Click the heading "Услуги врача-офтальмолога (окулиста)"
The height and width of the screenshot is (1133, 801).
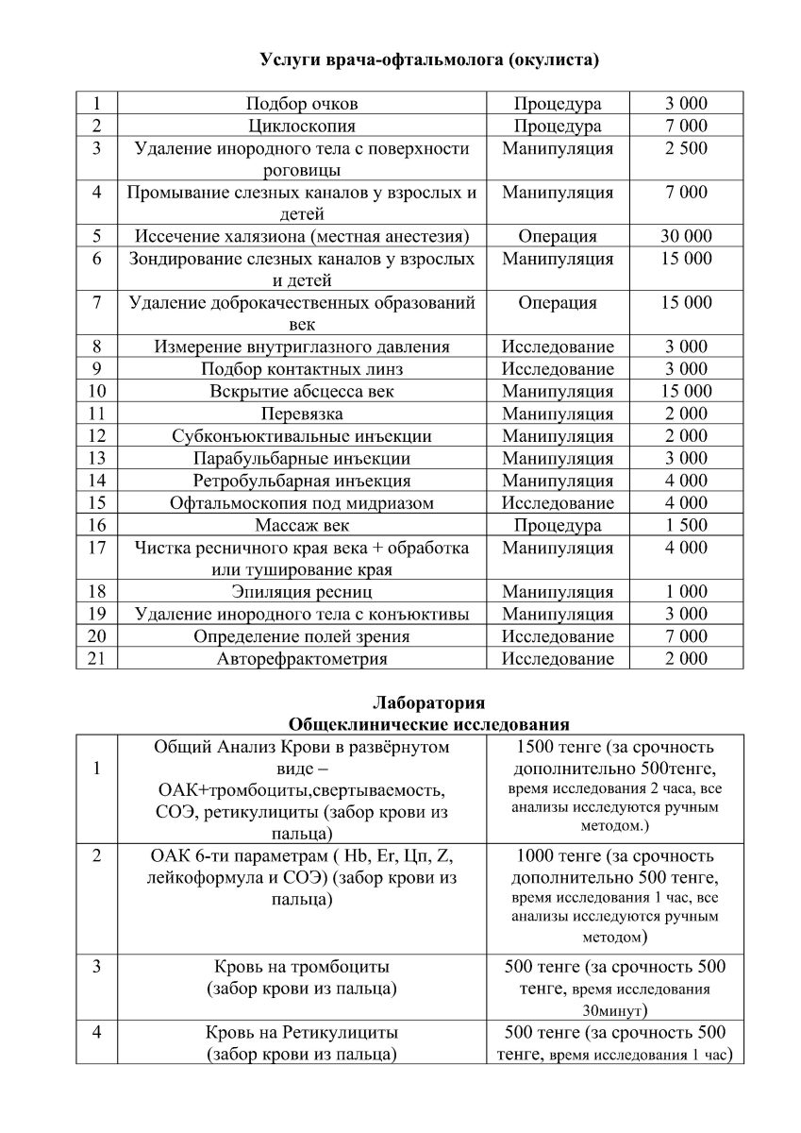pyautogui.click(x=429, y=61)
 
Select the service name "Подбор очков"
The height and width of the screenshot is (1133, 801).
pyautogui.click(x=302, y=104)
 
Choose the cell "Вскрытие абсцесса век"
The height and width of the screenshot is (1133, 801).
pyautogui.click(x=302, y=391)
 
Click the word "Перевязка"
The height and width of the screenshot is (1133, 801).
pyautogui.click(x=302, y=414)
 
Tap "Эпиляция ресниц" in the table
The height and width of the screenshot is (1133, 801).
pyautogui.click(x=302, y=592)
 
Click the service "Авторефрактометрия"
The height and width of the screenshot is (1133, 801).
pyautogui.click(x=302, y=659)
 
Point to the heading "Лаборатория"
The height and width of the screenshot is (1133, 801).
pyautogui.click(x=429, y=703)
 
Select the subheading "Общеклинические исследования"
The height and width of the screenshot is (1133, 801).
pyautogui.click(x=429, y=724)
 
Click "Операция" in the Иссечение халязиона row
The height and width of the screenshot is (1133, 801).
pyautogui.click(x=558, y=236)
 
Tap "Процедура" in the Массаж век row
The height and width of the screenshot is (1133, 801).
pyautogui.click(x=558, y=525)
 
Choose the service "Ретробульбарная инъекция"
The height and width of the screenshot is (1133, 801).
pyautogui.click(x=302, y=481)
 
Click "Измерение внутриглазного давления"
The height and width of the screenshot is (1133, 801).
pyautogui.click(x=302, y=347)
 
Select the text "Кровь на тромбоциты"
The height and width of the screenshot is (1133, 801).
pyautogui.click(x=302, y=968)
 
